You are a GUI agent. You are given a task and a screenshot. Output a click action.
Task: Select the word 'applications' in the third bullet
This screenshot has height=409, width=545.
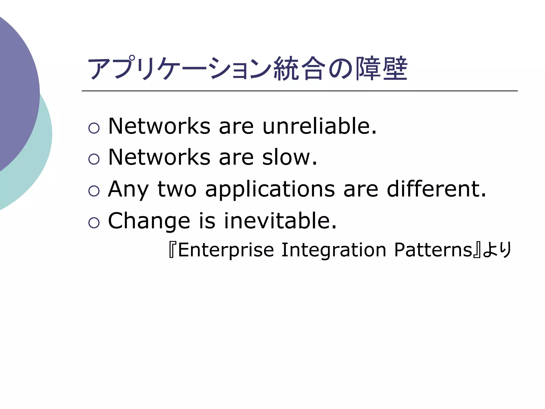tap(270, 190)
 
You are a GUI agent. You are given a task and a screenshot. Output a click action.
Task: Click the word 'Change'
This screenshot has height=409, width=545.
tap(149, 221)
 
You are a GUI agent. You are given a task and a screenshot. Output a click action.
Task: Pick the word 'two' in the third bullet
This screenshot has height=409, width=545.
tap(177, 190)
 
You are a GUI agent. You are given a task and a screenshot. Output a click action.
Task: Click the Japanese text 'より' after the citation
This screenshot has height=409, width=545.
tap(497, 250)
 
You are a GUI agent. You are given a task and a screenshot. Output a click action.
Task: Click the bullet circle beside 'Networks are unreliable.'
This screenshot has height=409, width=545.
tap(94, 128)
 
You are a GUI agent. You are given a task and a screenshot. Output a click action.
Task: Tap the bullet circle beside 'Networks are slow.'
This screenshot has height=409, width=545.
tap(94, 159)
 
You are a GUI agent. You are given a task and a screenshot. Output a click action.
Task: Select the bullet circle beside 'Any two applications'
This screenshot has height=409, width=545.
tap(94, 191)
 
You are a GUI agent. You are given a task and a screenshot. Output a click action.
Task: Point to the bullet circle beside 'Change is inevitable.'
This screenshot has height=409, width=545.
tap(94, 223)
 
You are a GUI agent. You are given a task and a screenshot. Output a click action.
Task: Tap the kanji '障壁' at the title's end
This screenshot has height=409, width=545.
tap(382, 69)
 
